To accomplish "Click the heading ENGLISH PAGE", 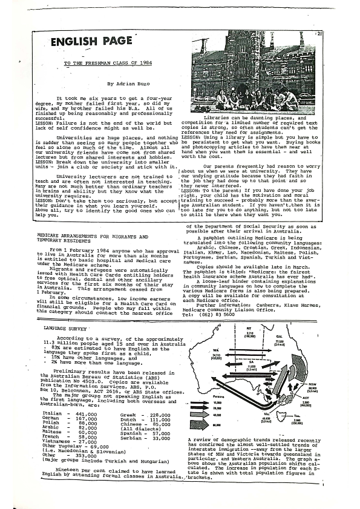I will point(91,42).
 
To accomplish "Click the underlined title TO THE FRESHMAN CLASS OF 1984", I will point(108,63).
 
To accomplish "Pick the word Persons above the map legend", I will point(204,399).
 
